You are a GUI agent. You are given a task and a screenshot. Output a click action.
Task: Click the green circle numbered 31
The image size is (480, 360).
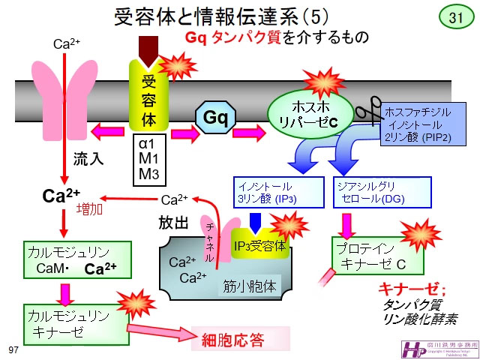click(x=456, y=17)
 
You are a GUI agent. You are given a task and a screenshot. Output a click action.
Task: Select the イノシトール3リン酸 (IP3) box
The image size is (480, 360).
click(x=277, y=193)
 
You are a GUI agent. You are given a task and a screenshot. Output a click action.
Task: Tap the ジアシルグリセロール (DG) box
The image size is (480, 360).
click(x=381, y=193)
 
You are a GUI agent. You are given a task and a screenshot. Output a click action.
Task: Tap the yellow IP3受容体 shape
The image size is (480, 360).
click(x=259, y=244)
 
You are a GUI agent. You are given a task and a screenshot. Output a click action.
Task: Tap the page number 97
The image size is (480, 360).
click(x=12, y=350)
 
